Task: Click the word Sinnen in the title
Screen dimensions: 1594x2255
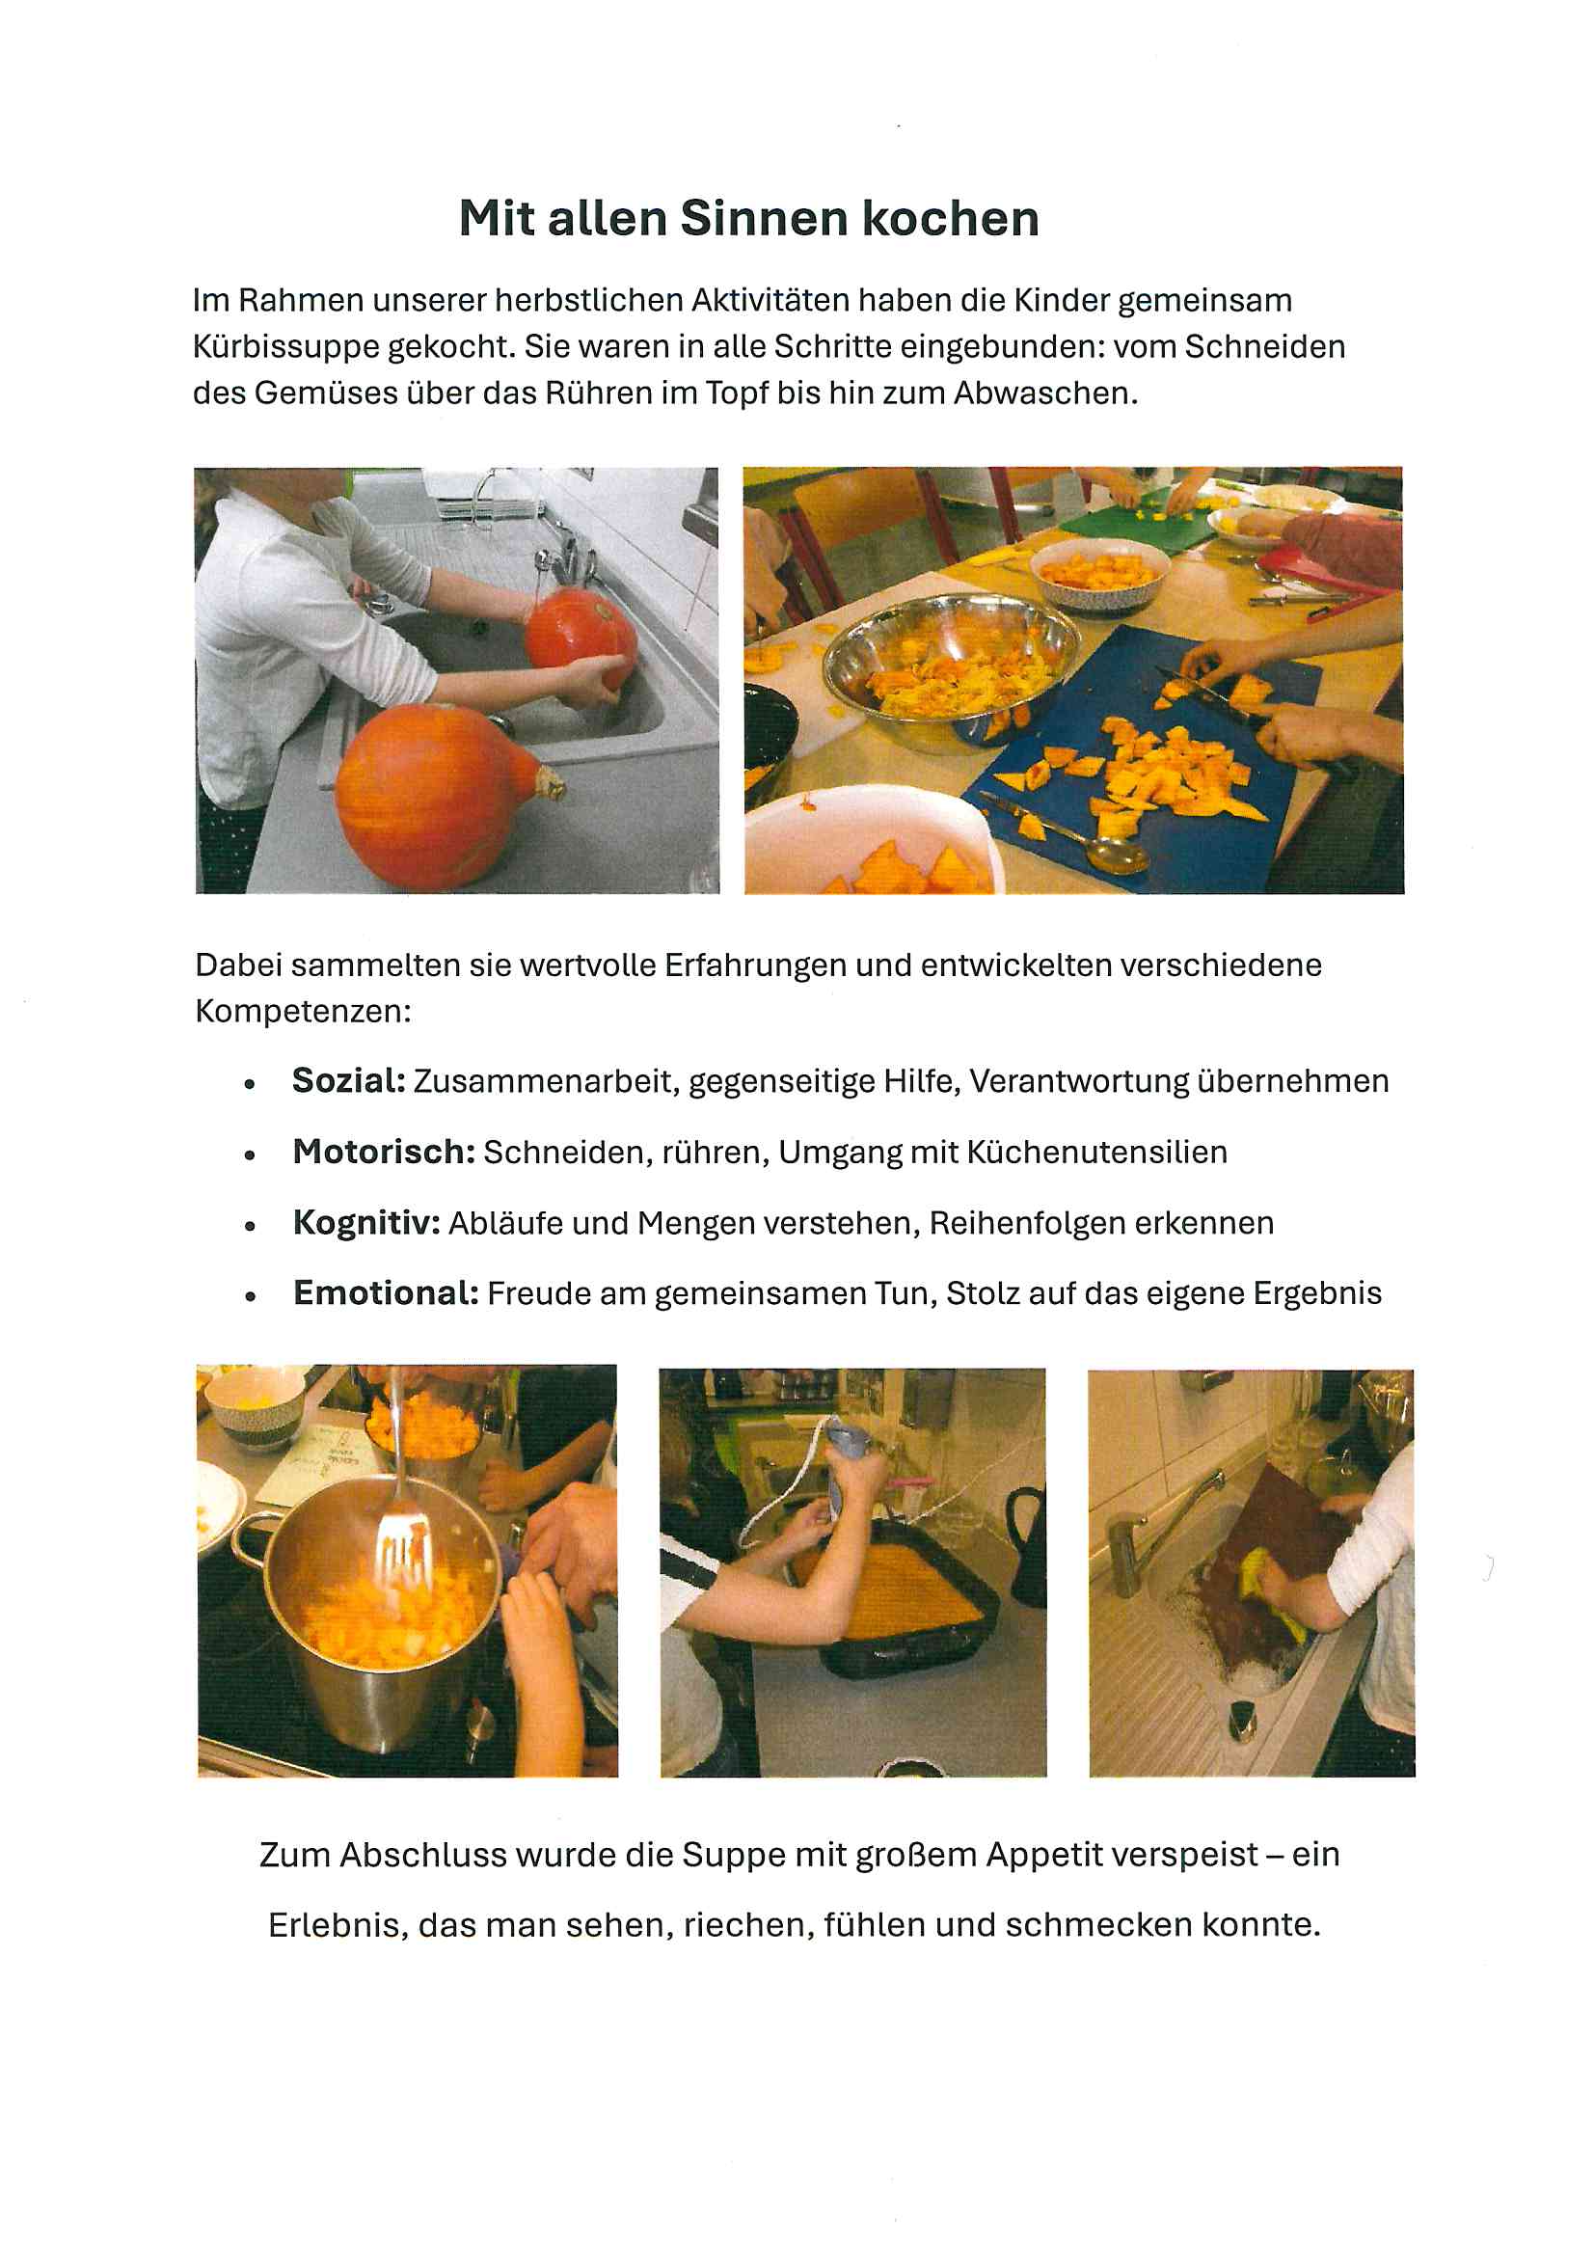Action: [x=764, y=218]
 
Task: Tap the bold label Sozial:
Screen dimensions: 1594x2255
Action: [x=349, y=1080]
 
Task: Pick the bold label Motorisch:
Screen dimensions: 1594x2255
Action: [x=384, y=1151]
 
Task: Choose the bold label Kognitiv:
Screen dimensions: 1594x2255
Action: [x=366, y=1223]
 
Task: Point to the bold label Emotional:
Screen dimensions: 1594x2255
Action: [x=386, y=1293]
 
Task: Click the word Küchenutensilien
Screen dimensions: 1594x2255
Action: [x=1097, y=1151]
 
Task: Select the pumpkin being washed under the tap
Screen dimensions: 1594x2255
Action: [x=581, y=638]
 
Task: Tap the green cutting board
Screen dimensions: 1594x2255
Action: [x=1139, y=521]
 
